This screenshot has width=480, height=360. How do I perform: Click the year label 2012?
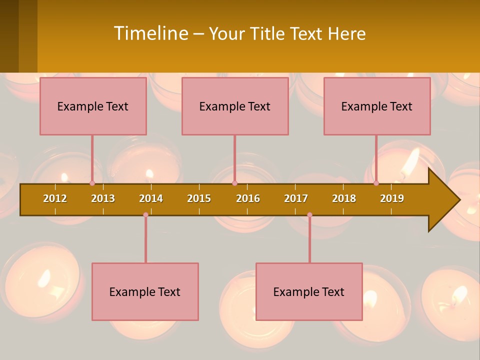55,198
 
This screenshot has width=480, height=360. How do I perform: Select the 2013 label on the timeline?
103,198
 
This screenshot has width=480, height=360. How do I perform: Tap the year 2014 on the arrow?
151,198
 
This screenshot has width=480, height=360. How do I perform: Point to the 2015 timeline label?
199,198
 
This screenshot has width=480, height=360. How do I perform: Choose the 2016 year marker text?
248,198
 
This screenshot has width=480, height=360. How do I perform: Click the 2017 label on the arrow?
296,198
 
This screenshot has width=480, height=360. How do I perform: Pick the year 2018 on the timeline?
344,198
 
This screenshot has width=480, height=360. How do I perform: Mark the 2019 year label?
392,198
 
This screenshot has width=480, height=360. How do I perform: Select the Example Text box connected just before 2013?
93,106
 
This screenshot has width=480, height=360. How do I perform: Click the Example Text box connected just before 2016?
235,106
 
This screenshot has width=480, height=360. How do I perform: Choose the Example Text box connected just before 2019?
377,106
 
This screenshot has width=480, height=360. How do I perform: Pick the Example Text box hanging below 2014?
145,291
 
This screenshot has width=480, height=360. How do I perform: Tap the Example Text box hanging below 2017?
309,291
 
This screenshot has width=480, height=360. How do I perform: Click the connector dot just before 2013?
92,183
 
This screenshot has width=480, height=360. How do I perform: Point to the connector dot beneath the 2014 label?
145,215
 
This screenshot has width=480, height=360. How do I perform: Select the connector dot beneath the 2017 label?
309,215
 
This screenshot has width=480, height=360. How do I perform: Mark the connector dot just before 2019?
376,183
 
